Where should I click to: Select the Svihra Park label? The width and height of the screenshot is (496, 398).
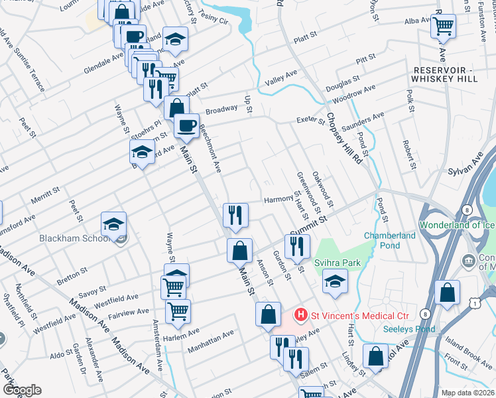pyautogui.click(x=338, y=263)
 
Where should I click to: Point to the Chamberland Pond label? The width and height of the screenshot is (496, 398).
pyautogui.click(x=390, y=240)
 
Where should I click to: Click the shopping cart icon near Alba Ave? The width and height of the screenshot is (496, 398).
pyautogui.click(x=443, y=27)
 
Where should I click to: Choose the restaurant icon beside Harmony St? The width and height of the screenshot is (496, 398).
pyautogui.click(x=235, y=214)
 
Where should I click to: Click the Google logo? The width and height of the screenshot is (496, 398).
pyautogui.click(x=22, y=390)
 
